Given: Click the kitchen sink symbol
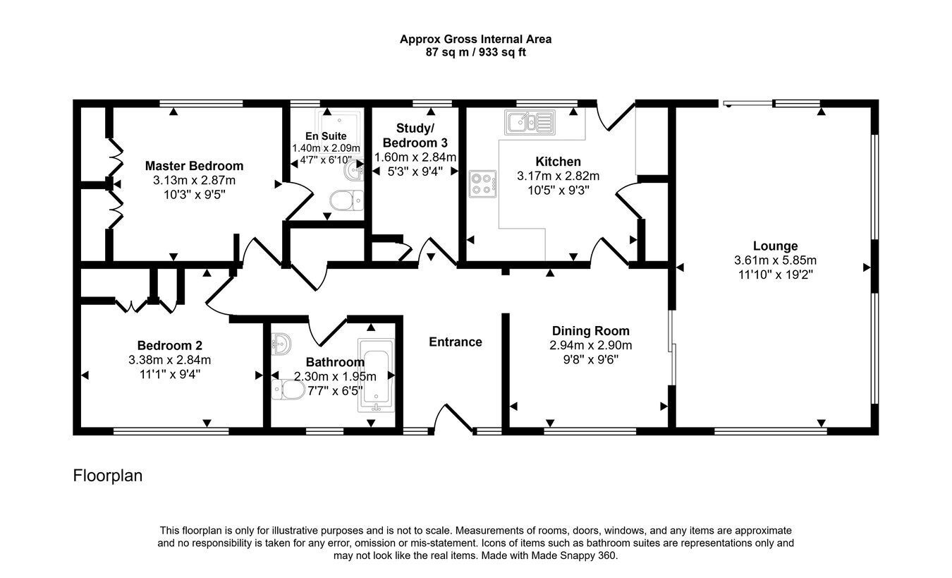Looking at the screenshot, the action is click(x=530, y=123).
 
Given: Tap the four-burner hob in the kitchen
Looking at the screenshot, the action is click(x=483, y=183).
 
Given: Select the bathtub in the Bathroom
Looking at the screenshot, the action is click(x=376, y=375).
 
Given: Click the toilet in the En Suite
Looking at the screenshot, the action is click(x=347, y=200).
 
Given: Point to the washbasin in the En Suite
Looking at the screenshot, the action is click(x=353, y=171).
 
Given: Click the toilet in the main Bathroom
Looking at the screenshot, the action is click(x=288, y=389).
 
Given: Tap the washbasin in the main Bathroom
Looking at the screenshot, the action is click(x=281, y=344).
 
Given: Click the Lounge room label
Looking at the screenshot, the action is click(x=775, y=246).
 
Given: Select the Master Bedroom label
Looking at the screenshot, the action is click(x=194, y=166).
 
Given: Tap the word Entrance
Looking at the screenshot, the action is click(x=455, y=342).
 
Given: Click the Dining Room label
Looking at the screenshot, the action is click(x=590, y=331).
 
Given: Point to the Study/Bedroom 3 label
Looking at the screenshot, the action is click(x=415, y=136).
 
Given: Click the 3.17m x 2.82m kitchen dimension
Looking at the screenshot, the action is click(x=558, y=176).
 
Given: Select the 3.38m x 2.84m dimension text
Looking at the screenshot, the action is click(x=169, y=360).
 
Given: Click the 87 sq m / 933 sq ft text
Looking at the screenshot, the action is click(x=475, y=52).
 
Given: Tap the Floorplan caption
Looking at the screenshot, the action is click(x=107, y=476).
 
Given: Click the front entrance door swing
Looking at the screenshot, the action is click(x=453, y=419).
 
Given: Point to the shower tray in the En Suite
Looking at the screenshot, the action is click(x=339, y=126).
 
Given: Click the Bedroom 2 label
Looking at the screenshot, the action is click(x=169, y=345).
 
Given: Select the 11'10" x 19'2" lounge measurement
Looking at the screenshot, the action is click(x=775, y=275).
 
